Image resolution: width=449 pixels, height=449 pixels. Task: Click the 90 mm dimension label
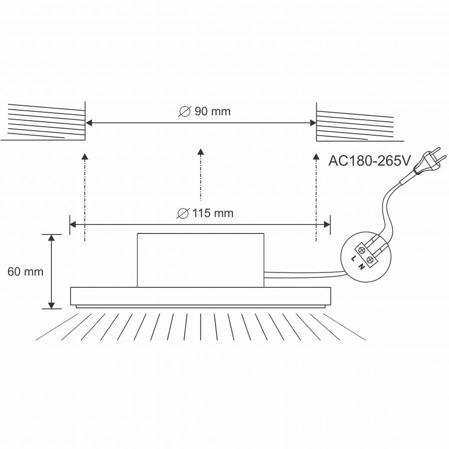click(x=213, y=111)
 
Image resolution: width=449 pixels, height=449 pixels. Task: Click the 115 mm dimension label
click(x=213, y=214)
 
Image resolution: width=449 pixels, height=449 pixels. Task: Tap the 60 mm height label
click(x=25, y=272)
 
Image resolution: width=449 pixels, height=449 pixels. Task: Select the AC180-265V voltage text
click(x=369, y=161)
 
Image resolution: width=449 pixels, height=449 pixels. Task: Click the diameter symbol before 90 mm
click(x=185, y=111)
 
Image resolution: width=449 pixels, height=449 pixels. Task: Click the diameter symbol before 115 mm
click(x=183, y=214)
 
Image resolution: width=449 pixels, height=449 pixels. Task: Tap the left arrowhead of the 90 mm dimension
click(x=89, y=123)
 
